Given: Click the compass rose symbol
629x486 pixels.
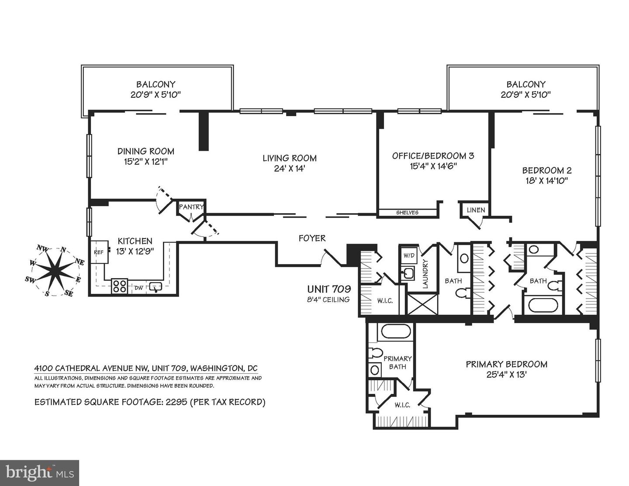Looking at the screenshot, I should [55, 271].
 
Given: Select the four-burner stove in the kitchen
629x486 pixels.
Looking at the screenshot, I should [119, 286].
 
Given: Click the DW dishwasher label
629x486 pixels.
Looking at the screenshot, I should [138, 288].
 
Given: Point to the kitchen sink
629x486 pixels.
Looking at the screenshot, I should [156, 287].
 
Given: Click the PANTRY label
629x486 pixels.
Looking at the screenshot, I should [191, 207].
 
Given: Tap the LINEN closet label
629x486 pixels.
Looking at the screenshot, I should [476, 210].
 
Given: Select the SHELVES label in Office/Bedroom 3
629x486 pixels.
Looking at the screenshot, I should [407, 213].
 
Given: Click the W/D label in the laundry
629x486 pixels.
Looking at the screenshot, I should [409, 255].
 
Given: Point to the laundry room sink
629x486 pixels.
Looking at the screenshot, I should [408, 274].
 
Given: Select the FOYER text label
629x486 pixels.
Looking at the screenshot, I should [312, 238].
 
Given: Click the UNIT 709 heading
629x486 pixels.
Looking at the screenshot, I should [329, 289].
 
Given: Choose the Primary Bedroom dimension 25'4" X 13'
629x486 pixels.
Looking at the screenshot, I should [506, 375].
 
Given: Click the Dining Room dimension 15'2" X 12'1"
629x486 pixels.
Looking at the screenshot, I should [146, 162].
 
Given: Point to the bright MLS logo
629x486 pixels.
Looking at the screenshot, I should [39, 473].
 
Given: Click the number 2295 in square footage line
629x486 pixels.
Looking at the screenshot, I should [176, 402].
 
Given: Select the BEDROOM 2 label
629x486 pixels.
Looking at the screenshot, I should [546, 171].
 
